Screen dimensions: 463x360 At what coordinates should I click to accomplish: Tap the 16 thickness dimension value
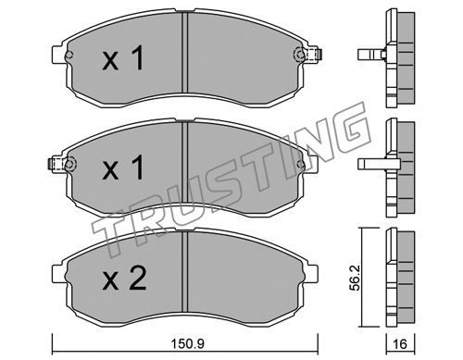pyautogui.click(x=401, y=343)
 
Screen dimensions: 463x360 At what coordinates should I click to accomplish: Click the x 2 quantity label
pyautogui.click(x=124, y=279)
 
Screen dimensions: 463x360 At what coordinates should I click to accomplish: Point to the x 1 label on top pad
pyautogui.click(x=123, y=58)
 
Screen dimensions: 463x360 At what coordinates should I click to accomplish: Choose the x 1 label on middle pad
pyautogui.click(x=123, y=168)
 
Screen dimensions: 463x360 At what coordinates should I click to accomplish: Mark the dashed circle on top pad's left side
pyautogui.click(x=69, y=56)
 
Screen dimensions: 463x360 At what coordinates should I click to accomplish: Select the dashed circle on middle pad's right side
pyautogui.click(x=300, y=164)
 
